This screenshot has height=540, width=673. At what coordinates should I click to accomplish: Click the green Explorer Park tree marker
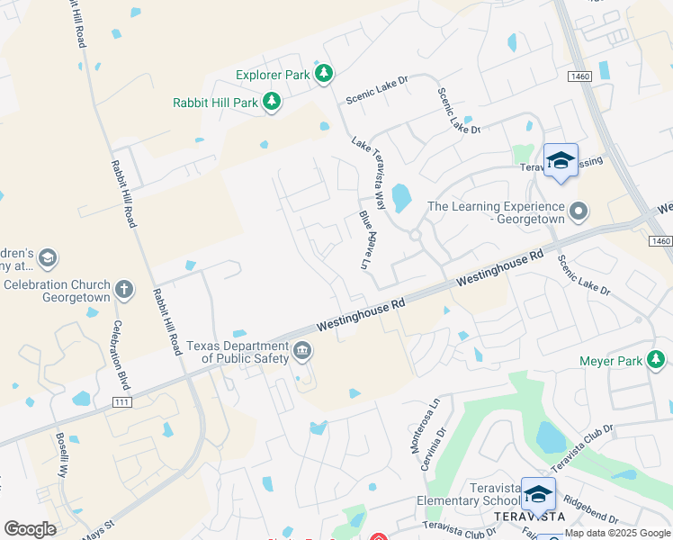[324, 75]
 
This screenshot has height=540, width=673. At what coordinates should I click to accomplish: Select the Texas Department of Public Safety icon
[303, 352]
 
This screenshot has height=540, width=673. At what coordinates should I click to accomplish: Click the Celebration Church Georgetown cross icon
[124, 291]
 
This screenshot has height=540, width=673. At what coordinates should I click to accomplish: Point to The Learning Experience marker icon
[579, 212]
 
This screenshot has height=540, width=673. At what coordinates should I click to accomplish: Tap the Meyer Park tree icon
[658, 361]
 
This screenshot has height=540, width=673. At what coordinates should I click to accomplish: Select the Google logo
[31, 528]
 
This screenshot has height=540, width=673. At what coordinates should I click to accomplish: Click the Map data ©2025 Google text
[617, 533]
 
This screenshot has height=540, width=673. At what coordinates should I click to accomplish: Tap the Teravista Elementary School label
[468, 501]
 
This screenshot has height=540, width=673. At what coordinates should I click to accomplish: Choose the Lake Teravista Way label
[369, 174]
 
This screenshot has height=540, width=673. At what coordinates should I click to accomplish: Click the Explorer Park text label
[273, 75]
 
